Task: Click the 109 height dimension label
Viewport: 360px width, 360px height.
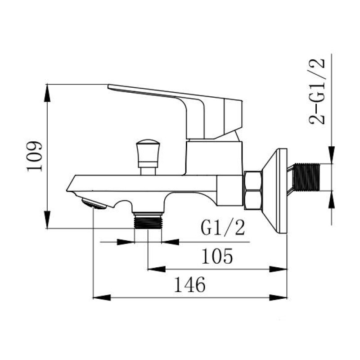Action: point(35,157)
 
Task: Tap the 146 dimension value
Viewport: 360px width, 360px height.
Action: point(189,285)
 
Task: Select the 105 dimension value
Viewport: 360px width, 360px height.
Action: point(217,256)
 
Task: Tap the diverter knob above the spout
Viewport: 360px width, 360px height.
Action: point(148,157)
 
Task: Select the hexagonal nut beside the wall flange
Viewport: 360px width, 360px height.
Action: point(253,190)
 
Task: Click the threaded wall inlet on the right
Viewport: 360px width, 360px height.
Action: point(306,177)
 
